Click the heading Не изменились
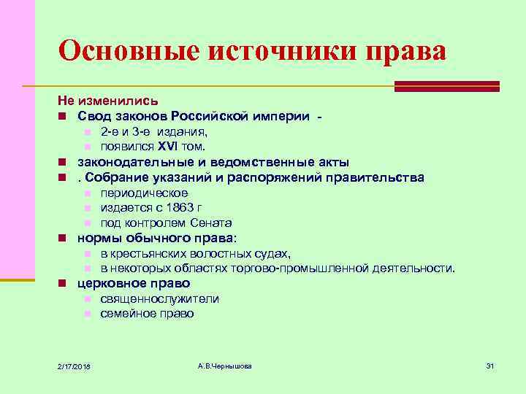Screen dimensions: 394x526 pyautogui.click(x=107, y=101)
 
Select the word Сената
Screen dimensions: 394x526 pyautogui.click(x=211, y=223)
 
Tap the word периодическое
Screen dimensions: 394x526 pyautogui.click(x=144, y=193)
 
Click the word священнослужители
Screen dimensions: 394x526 pyautogui.click(x=159, y=298)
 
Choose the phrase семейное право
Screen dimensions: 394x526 pyautogui.click(x=147, y=314)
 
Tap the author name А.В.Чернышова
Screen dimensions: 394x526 pyautogui.click(x=224, y=365)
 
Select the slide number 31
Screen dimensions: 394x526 pyautogui.click(x=490, y=365)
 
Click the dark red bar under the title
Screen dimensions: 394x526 pyautogui.click(x=446, y=85)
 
